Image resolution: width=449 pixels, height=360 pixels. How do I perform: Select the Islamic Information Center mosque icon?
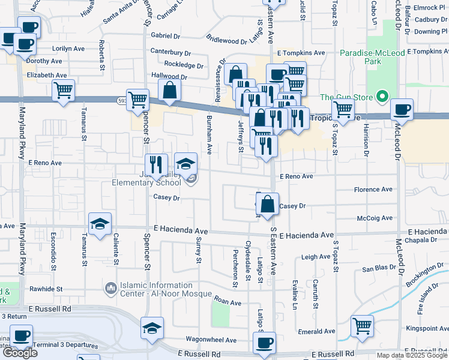click(x=110, y=289)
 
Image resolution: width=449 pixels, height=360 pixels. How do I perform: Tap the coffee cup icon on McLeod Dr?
click(x=402, y=110)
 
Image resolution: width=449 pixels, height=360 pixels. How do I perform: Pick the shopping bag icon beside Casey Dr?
click(x=268, y=204)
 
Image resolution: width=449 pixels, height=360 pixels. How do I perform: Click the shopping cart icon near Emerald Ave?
click(x=363, y=327)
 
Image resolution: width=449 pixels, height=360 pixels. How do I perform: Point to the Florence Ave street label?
click(x=374, y=190)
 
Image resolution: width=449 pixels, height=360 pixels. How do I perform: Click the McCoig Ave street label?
click(x=374, y=218)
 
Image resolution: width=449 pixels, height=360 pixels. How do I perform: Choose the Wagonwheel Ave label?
click(x=211, y=340)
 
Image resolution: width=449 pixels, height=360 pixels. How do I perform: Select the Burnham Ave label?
click(x=210, y=135)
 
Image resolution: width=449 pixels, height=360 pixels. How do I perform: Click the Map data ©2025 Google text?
click(x=412, y=355)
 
